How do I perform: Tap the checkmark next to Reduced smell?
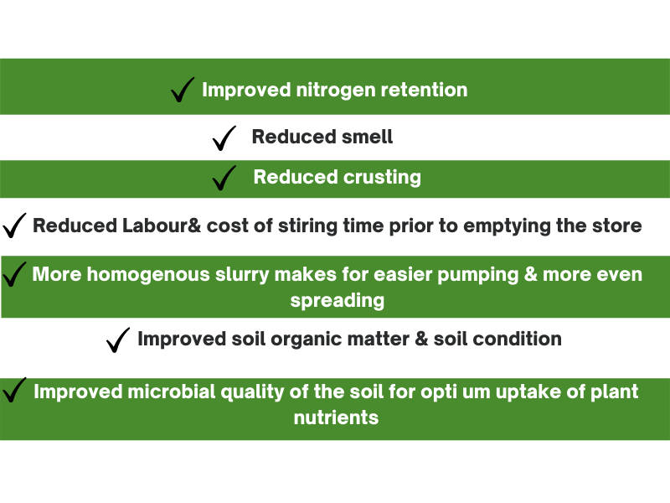(223, 139)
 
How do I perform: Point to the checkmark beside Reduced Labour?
(13, 226)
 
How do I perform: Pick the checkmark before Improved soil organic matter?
(117, 341)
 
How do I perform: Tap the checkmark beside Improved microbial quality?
(13, 391)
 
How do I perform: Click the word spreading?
(338, 301)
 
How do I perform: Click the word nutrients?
(337, 417)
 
